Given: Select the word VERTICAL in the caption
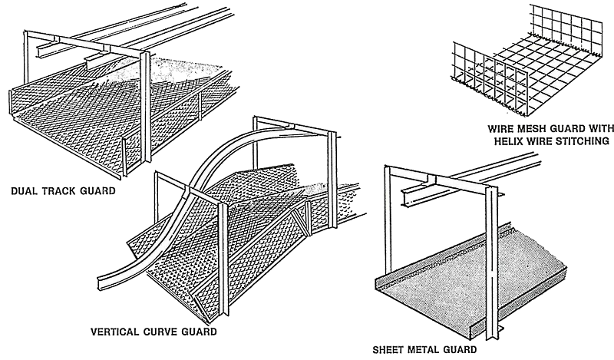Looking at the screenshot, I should pyautogui.click(x=116, y=332).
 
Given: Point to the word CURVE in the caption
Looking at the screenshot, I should pyautogui.click(x=161, y=332).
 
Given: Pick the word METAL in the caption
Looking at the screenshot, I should pyautogui.click(x=428, y=350).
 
